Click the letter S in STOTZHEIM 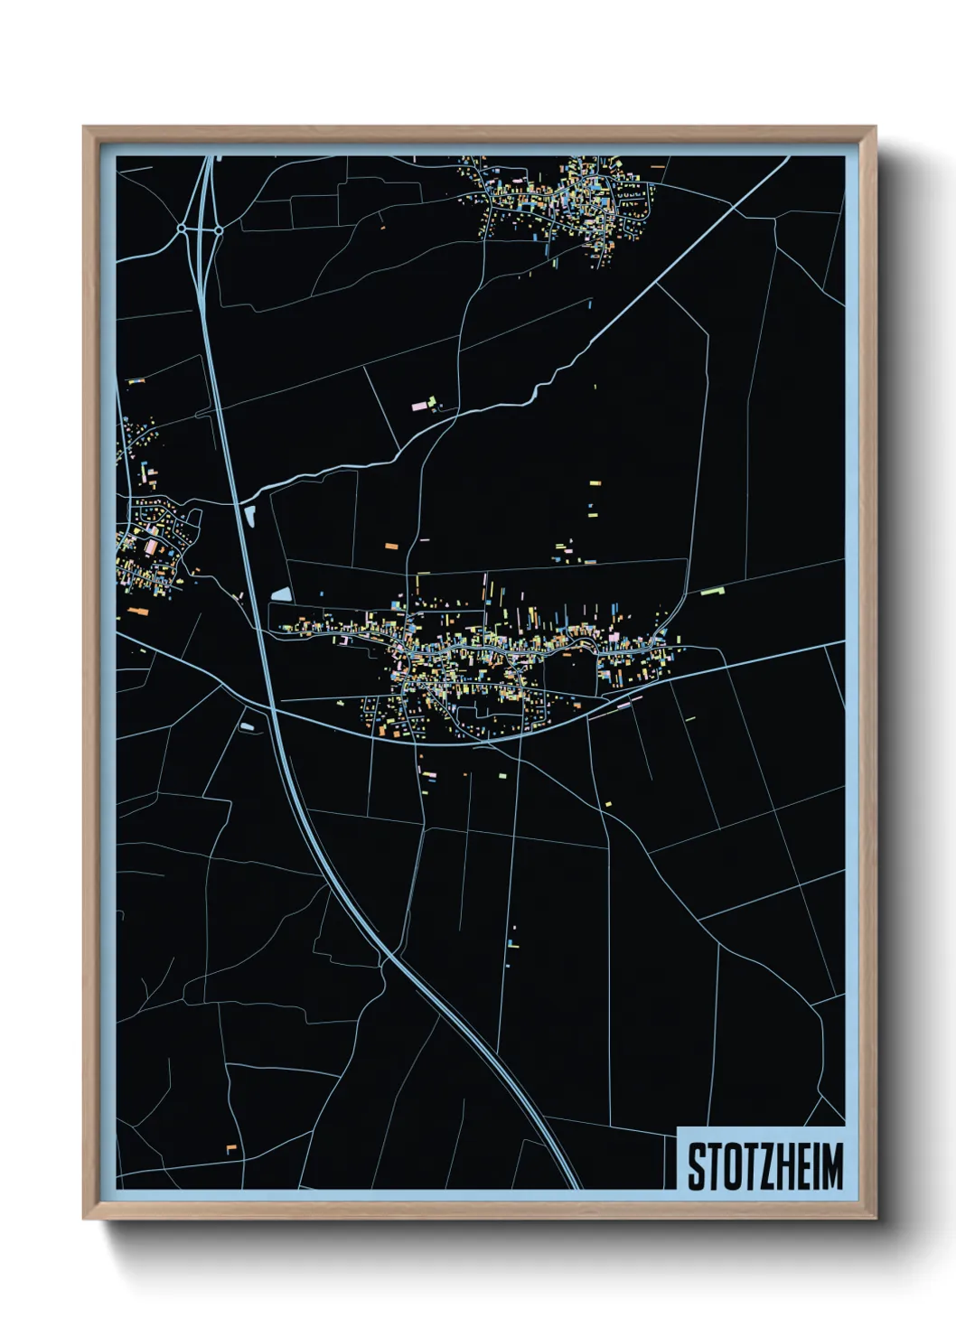tap(697, 1166)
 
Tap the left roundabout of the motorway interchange tap(182, 230)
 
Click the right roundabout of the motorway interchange tap(218, 230)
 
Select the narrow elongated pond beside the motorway tap(250, 517)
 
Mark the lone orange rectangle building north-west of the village tap(391, 547)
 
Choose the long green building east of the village tap(713, 592)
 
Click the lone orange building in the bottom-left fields tap(230, 1147)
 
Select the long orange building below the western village tap(137, 612)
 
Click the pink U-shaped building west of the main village tap(345, 640)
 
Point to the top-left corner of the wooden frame tap(84, 127)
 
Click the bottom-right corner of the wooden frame tap(875, 1219)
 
